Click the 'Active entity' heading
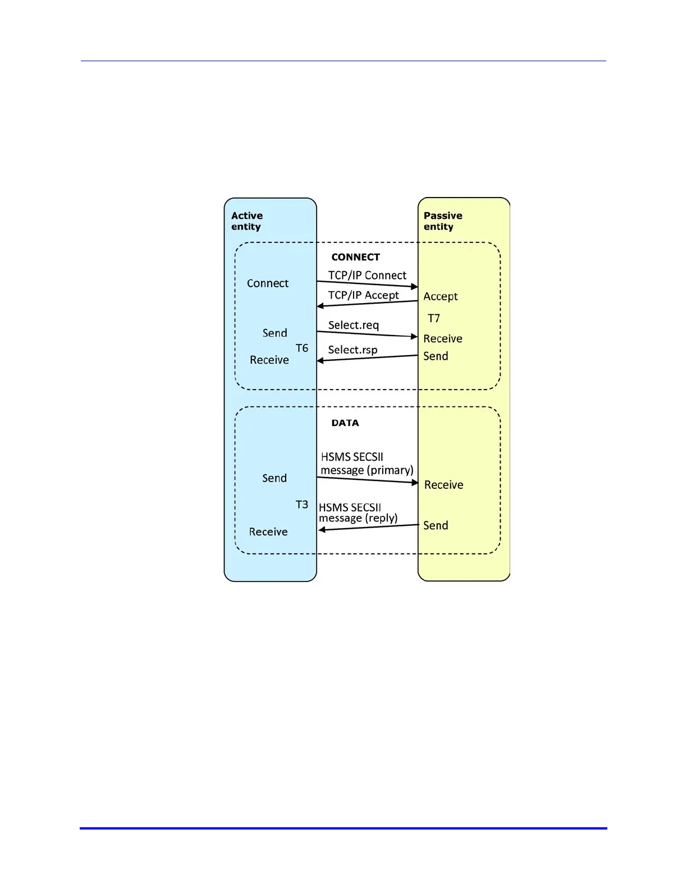click(x=247, y=221)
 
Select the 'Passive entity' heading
click(x=443, y=221)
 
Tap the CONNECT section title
click(x=355, y=257)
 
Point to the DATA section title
click(x=345, y=423)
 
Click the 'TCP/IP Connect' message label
click(x=367, y=276)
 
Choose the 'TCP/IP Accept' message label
click(x=363, y=295)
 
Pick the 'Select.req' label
click(x=353, y=326)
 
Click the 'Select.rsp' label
click(x=352, y=350)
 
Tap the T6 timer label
click(x=302, y=349)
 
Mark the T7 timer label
click(x=434, y=319)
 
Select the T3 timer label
click(x=302, y=505)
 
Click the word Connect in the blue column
click(x=268, y=283)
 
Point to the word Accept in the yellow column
click(x=441, y=296)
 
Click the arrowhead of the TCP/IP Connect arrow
click(x=415, y=287)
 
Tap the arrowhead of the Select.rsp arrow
click(x=320, y=360)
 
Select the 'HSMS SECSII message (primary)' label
click(x=367, y=464)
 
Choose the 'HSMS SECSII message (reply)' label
click(x=358, y=513)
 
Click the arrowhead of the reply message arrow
click(x=322, y=530)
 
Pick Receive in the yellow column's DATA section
click(x=443, y=485)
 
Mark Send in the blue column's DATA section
click(x=274, y=478)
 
